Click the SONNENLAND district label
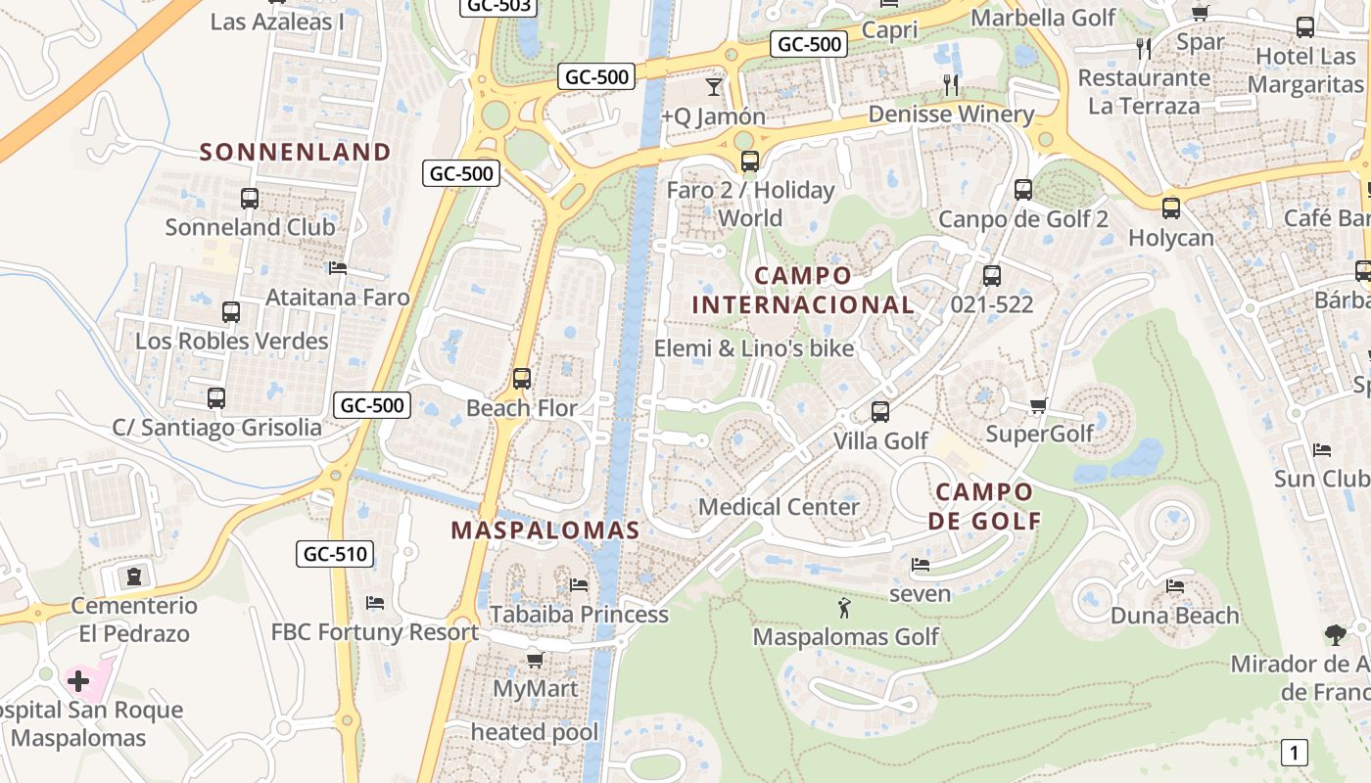296,152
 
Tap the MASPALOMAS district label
544,530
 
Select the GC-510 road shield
335,554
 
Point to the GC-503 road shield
498,6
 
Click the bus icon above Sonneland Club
250,199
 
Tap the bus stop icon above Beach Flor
522,379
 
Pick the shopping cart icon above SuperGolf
1039,405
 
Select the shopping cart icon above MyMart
535,660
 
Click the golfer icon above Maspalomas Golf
844,609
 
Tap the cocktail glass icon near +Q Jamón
714,87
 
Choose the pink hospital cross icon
78,680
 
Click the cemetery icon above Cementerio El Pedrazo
134,575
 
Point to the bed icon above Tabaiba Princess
579,585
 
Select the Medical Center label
779,507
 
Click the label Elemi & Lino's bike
754,348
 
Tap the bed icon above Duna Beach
1175,586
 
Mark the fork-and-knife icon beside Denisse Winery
951,85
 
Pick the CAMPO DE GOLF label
984,506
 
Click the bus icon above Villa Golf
880,412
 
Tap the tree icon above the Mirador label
1335,635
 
